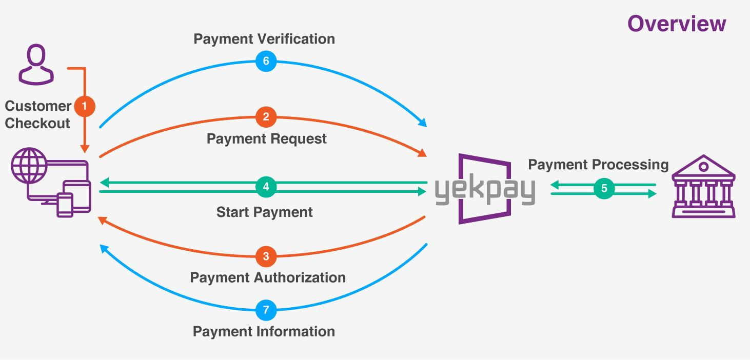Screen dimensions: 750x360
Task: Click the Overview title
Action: [677, 24]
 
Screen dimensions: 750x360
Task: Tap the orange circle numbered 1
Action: [84, 106]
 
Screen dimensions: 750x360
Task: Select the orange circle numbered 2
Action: [266, 117]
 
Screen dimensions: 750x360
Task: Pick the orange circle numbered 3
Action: [266, 256]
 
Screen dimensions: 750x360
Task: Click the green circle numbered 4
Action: [266, 187]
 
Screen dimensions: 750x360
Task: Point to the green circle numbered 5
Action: [604, 188]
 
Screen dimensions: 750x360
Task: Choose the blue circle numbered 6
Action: [266, 61]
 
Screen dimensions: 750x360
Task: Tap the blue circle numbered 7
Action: [266, 310]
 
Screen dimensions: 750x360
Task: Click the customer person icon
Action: [36, 64]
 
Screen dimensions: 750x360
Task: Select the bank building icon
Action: [703, 186]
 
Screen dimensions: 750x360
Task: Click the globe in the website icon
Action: [29, 165]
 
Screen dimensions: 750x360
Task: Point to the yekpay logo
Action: [485, 189]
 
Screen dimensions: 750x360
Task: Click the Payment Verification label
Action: [264, 39]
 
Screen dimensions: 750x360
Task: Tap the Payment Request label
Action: [267, 139]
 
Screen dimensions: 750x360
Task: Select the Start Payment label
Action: [265, 212]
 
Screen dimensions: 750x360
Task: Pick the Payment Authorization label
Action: [268, 278]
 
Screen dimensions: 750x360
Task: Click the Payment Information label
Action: [264, 332]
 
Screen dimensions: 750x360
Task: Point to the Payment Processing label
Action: [598, 165]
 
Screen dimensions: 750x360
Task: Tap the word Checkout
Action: [37, 124]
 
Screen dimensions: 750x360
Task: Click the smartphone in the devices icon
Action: [65, 205]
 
